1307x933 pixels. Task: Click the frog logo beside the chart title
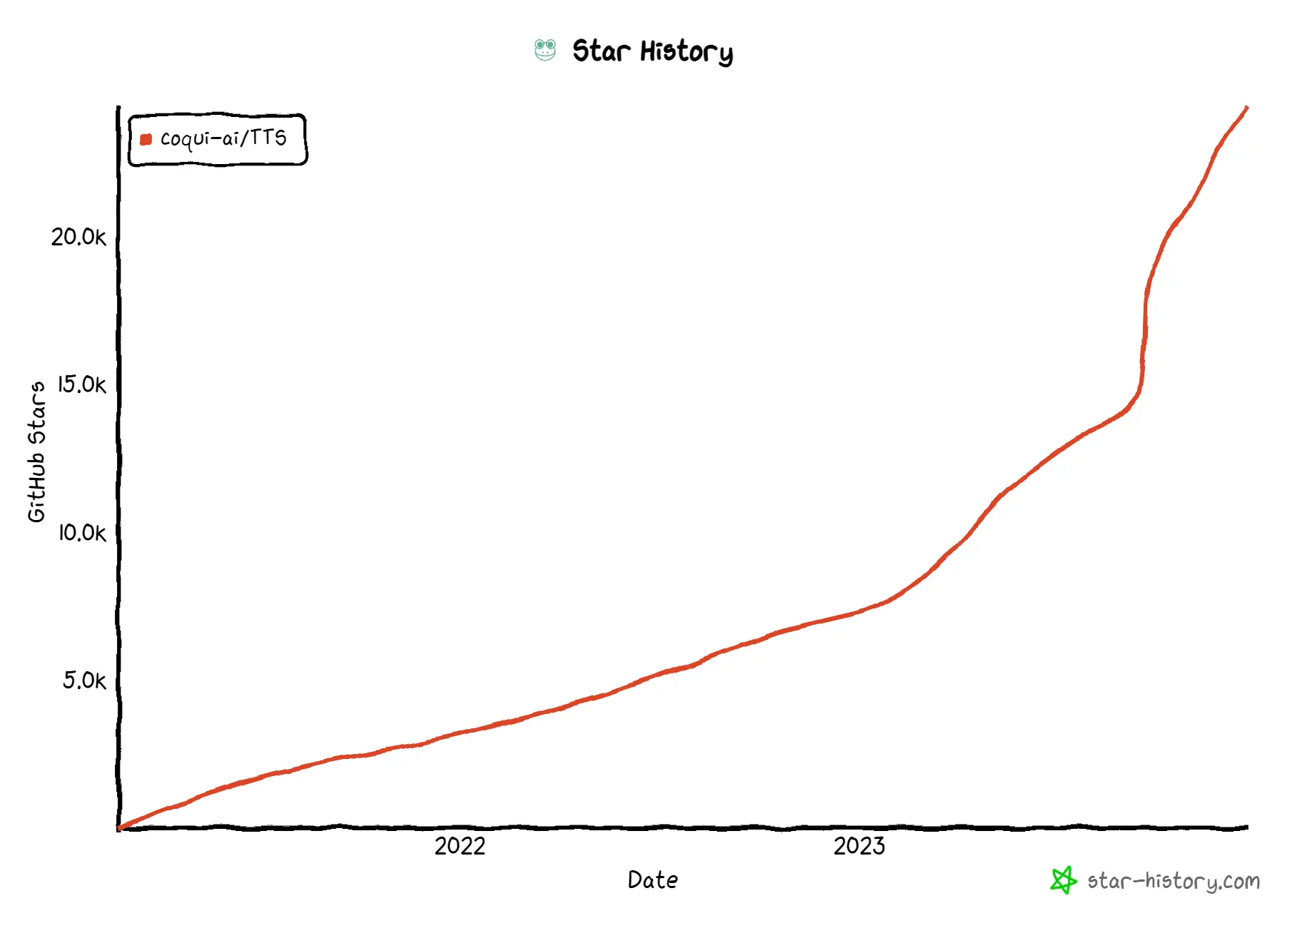(x=545, y=50)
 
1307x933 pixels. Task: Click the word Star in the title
(x=601, y=51)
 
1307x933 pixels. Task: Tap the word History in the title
(x=686, y=52)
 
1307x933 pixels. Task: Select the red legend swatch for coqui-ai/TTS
(x=146, y=139)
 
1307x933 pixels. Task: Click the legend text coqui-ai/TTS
(x=223, y=138)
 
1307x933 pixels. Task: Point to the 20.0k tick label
(x=78, y=237)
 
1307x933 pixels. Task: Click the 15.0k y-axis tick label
(x=81, y=384)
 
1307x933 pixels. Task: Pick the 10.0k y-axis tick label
(x=81, y=533)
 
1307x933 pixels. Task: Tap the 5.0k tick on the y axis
(x=83, y=680)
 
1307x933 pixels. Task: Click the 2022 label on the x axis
(x=459, y=846)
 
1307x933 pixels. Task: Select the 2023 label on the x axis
(x=859, y=846)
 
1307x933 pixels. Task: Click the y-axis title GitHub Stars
(x=36, y=452)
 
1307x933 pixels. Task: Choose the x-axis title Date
(x=653, y=880)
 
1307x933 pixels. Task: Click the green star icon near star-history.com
(x=1063, y=880)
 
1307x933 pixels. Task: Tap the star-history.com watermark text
(x=1174, y=882)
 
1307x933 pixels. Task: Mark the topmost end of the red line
(x=1246, y=108)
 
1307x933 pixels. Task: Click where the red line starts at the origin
(x=120, y=827)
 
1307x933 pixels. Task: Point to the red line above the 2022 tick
(x=459, y=733)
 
